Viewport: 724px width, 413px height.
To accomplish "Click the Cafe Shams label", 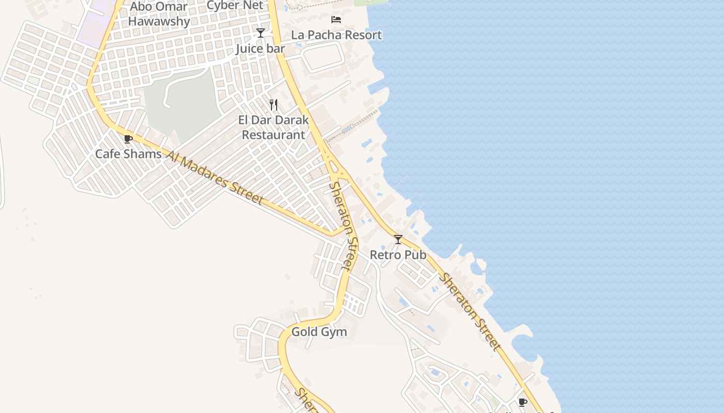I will pos(128,154).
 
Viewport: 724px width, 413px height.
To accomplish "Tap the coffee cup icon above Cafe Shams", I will pos(128,139).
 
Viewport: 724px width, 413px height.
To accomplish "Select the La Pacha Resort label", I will pos(336,35).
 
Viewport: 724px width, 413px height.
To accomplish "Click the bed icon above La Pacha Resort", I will pos(336,20).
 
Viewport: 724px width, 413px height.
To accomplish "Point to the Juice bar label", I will pos(260,49).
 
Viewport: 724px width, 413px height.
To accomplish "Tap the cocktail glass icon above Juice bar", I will pos(261,33).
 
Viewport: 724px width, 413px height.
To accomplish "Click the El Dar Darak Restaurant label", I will pos(274,128).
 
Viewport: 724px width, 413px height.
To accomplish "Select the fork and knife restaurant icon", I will pos(274,105).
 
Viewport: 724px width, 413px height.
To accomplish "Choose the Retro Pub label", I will pos(398,255).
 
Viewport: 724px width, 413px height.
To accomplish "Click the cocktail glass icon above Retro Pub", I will pos(398,240).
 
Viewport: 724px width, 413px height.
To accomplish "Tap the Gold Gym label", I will pos(319,331).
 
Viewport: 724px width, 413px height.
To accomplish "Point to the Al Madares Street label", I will pos(215,177).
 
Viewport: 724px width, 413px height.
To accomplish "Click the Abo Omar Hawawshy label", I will pos(159,14).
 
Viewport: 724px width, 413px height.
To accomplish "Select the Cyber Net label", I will pos(235,5).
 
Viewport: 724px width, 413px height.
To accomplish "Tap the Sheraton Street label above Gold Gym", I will pos(343,226).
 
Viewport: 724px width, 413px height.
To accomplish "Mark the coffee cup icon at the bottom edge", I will pos(522,402).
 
